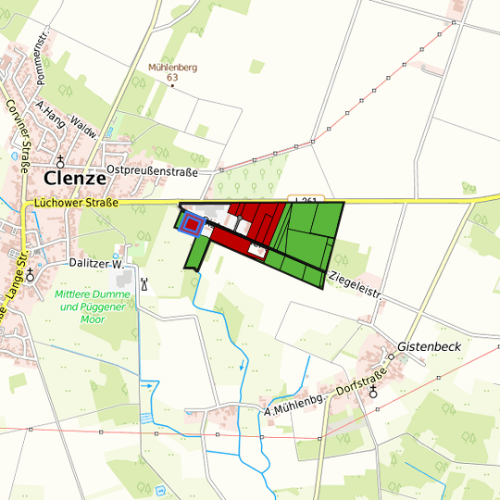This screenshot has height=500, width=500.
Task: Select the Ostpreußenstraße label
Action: point(153,170)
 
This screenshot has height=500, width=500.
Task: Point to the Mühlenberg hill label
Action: point(173,68)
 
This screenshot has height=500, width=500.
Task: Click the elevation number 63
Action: point(172,78)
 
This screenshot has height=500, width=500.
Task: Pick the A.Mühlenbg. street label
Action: point(297,404)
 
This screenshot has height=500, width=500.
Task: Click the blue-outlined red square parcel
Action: point(192,224)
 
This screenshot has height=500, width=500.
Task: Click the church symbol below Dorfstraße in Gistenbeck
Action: point(374,392)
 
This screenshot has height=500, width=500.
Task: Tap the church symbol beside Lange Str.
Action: point(31,274)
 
